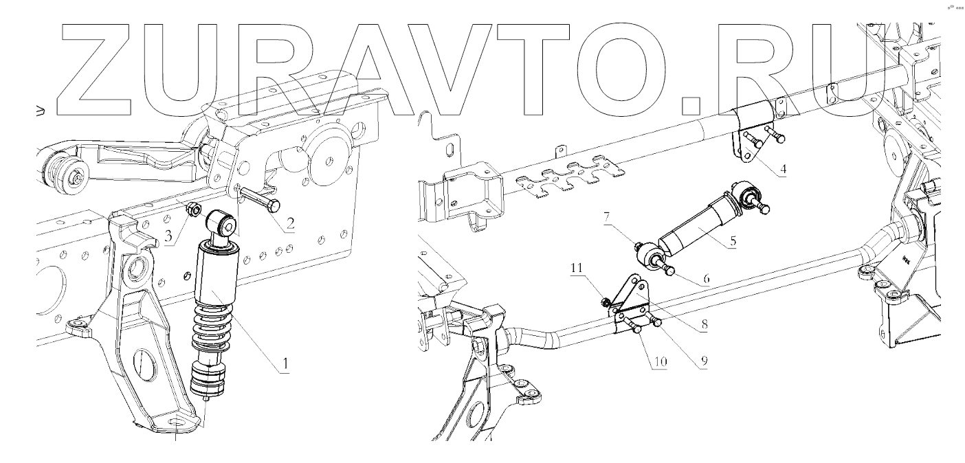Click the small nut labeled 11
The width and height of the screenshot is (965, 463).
606,301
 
